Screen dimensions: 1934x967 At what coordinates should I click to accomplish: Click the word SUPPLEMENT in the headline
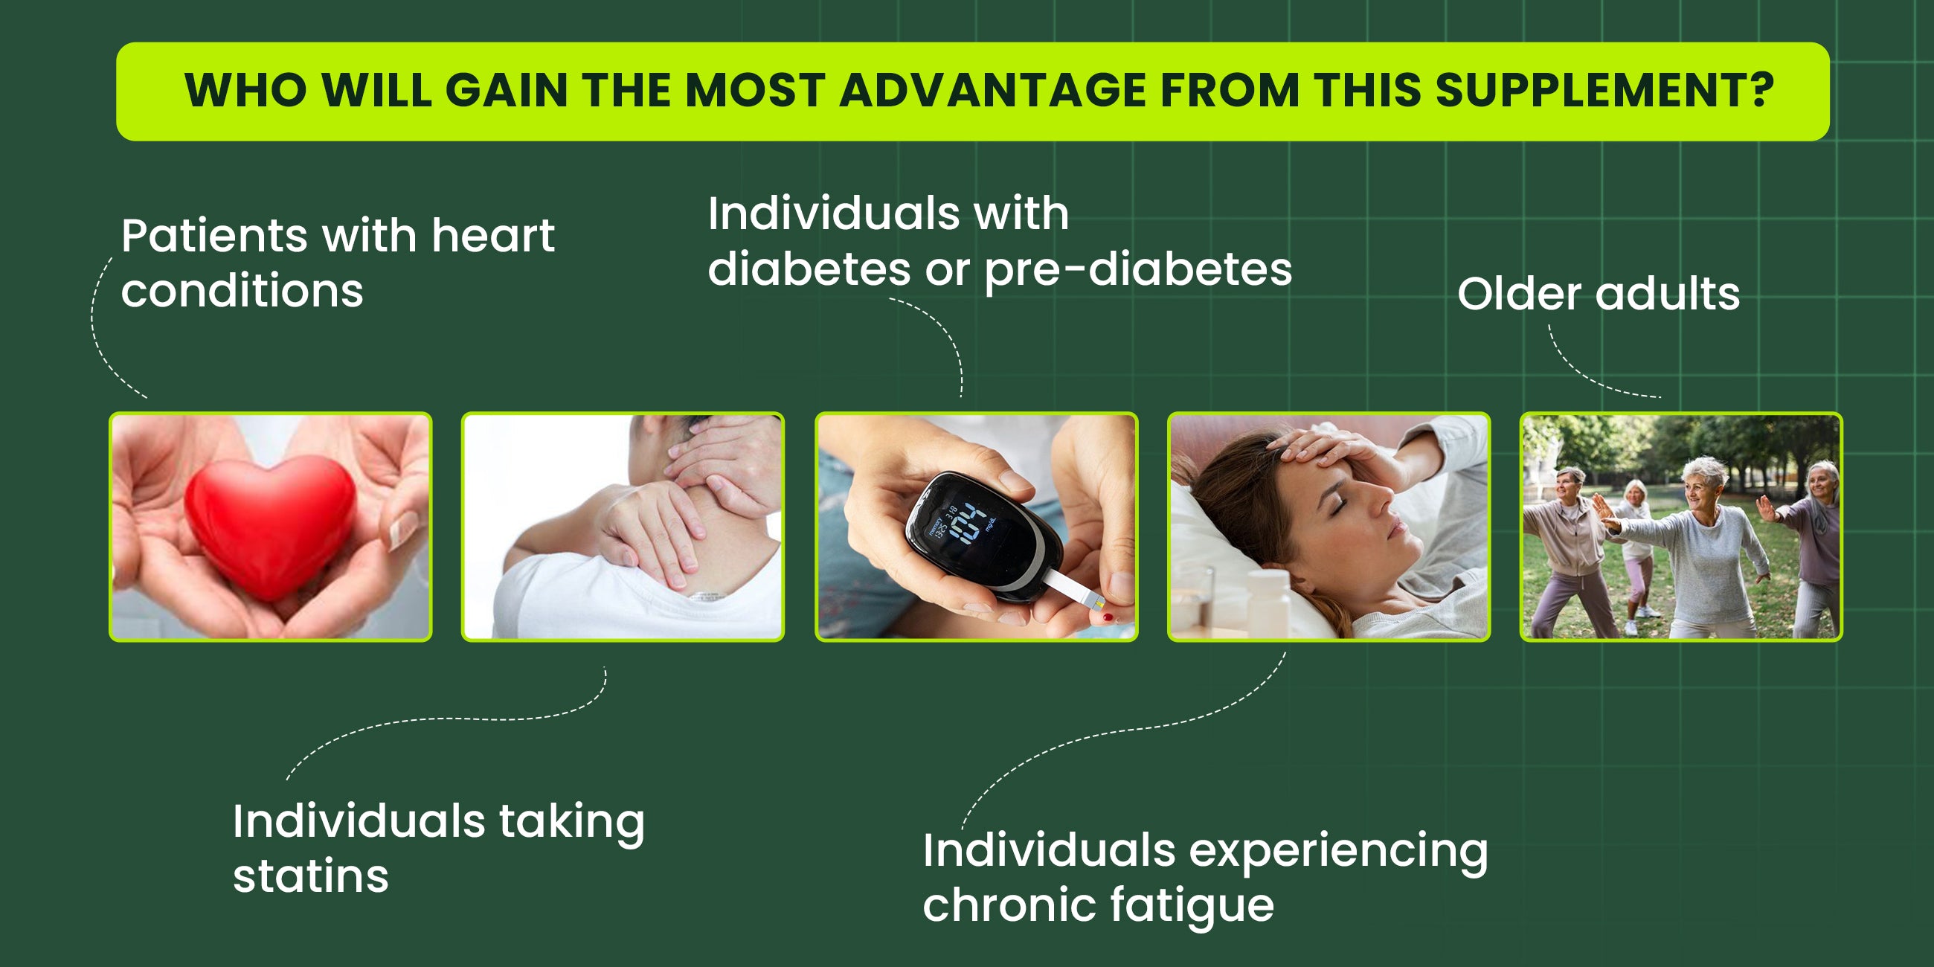coord(1604,90)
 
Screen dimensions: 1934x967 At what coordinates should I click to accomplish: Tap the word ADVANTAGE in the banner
coord(992,90)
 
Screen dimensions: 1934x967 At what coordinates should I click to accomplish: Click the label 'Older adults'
coord(1599,293)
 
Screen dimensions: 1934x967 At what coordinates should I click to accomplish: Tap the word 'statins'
coord(311,876)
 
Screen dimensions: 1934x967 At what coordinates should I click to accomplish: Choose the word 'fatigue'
coord(1192,906)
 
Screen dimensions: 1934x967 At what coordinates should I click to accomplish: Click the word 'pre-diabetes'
coord(1138,269)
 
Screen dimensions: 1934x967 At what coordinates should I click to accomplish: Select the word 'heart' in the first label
coord(493,236)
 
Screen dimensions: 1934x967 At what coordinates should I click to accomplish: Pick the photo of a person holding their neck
coord(623,527)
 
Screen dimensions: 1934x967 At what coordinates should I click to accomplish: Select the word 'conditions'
coord(242,292)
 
